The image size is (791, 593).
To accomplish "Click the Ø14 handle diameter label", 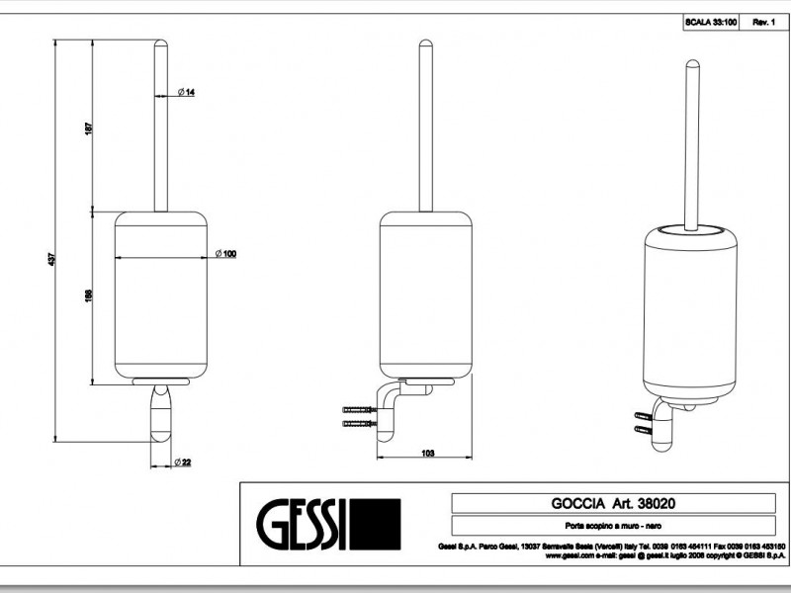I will pyautogui.click(x=186, y=92).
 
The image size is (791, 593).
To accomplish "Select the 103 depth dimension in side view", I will pyautogui.click(x=427, y=454).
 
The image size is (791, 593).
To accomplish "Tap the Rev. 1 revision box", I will pyautogui.click(x=763, y=21).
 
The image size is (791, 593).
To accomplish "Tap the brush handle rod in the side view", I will pyautogui.click(x=425, y=128).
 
